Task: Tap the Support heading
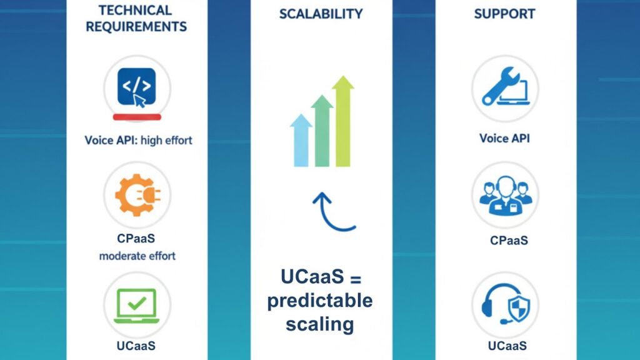coord(505,14)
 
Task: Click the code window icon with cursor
coord(136,87)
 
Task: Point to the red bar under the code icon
coord(136,117)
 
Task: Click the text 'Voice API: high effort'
coord(138,140)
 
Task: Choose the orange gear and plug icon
coord(136,194)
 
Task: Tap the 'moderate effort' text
coord(137,256)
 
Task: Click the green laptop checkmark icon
coord(136,304)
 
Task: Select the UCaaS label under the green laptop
coord(136,346)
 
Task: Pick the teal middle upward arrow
coord(322,131)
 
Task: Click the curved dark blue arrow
coord(332,213)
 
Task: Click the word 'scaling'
coord(320,324)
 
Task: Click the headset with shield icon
coord(505,304)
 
